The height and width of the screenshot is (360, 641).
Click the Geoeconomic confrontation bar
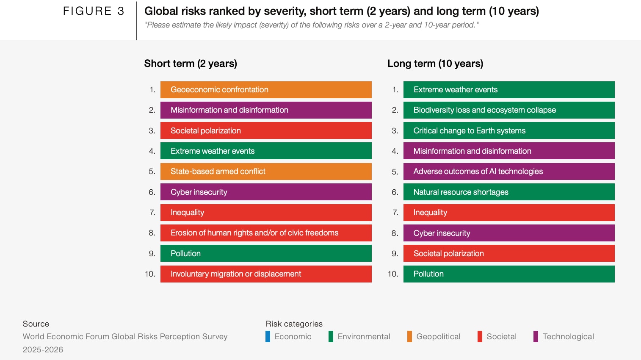[x=266, y=90]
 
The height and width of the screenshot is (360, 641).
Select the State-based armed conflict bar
[x=266, y=172]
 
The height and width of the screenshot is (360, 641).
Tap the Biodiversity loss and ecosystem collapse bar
[x=509, y=110]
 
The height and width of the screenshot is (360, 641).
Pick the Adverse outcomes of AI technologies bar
[x=509, y=172]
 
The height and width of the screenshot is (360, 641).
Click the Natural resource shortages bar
[x=509, y=192]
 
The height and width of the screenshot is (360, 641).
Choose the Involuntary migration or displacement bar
[x=266, y=274]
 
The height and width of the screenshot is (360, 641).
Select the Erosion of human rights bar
[x=266, y=233]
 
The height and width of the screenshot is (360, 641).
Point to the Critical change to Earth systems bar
[x=509, y=130]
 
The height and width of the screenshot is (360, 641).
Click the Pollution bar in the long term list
[x=509, y=274]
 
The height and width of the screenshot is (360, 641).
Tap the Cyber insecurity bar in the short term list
[x=266, y=192]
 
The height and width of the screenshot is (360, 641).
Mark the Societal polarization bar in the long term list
[x=509, y=253]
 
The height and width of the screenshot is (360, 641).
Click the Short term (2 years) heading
[x=191, y=64]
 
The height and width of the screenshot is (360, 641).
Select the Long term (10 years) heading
[x=435, y=64]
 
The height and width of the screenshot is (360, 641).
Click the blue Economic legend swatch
[x=268, y=336]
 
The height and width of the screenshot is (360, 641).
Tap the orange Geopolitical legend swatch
[x=409, y=336]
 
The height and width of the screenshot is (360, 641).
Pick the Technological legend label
[x=568, y=337]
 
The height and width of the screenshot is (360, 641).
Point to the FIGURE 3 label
[x=94, y=11]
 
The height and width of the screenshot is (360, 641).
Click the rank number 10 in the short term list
[x=150, y=274]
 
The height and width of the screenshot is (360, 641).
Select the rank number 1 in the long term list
[x=395, y=90]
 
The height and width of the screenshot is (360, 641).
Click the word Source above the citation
[x=36, y=324]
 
